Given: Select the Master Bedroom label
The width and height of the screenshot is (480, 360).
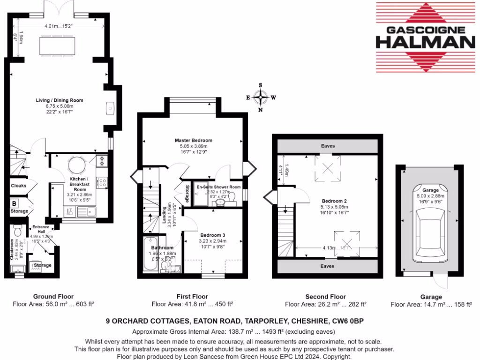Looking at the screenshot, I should coord(194,140).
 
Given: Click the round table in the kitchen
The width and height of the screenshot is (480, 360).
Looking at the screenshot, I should coord(75,165).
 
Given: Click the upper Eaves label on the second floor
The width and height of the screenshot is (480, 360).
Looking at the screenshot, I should coord(328,146).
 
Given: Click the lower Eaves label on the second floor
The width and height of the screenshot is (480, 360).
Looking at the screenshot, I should coord(328,266).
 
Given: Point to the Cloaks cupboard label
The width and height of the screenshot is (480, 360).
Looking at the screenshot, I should coord(19,186).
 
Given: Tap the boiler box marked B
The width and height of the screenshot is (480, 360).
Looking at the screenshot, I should coord(15,204).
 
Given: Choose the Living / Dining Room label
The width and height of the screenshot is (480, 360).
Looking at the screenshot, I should coord(60,100).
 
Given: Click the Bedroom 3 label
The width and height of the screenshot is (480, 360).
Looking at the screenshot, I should coord(213,235).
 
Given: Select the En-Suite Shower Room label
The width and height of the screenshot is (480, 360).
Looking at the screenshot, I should coord(218,187).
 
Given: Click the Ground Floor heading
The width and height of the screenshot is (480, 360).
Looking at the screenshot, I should coord(53,297).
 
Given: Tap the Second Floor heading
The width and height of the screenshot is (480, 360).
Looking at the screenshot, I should coord(325,297).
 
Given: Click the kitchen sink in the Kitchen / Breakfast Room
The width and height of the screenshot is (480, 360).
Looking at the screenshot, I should coord(86,212).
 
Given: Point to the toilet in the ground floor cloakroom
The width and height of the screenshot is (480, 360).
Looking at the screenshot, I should coord(18,231).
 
